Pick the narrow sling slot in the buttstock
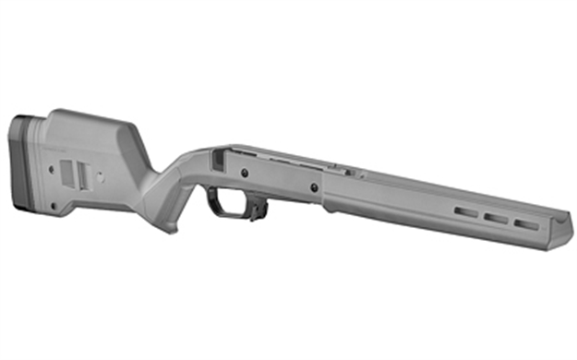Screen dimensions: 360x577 83,173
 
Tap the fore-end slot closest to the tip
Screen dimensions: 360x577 526,223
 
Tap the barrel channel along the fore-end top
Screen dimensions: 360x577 443,189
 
